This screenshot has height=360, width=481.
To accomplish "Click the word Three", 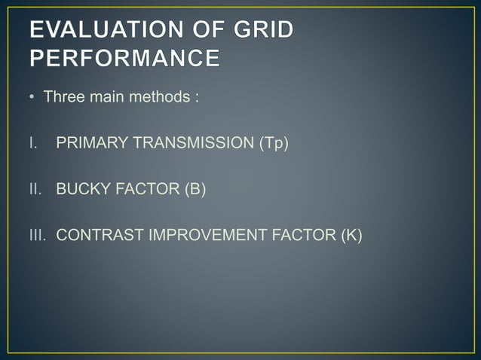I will [x=63, y=98].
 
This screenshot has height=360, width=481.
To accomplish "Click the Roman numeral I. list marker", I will [x=35, y=143].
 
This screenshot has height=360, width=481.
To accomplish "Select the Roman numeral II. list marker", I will [x=37, y=189].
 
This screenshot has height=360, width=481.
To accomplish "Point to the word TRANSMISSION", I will [x=190, y=143].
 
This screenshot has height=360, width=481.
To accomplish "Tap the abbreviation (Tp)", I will [x=274, y=143].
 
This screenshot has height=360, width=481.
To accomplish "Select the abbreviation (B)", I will [x=191, y=189].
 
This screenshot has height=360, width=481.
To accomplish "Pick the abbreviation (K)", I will [x=349, y=235].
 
